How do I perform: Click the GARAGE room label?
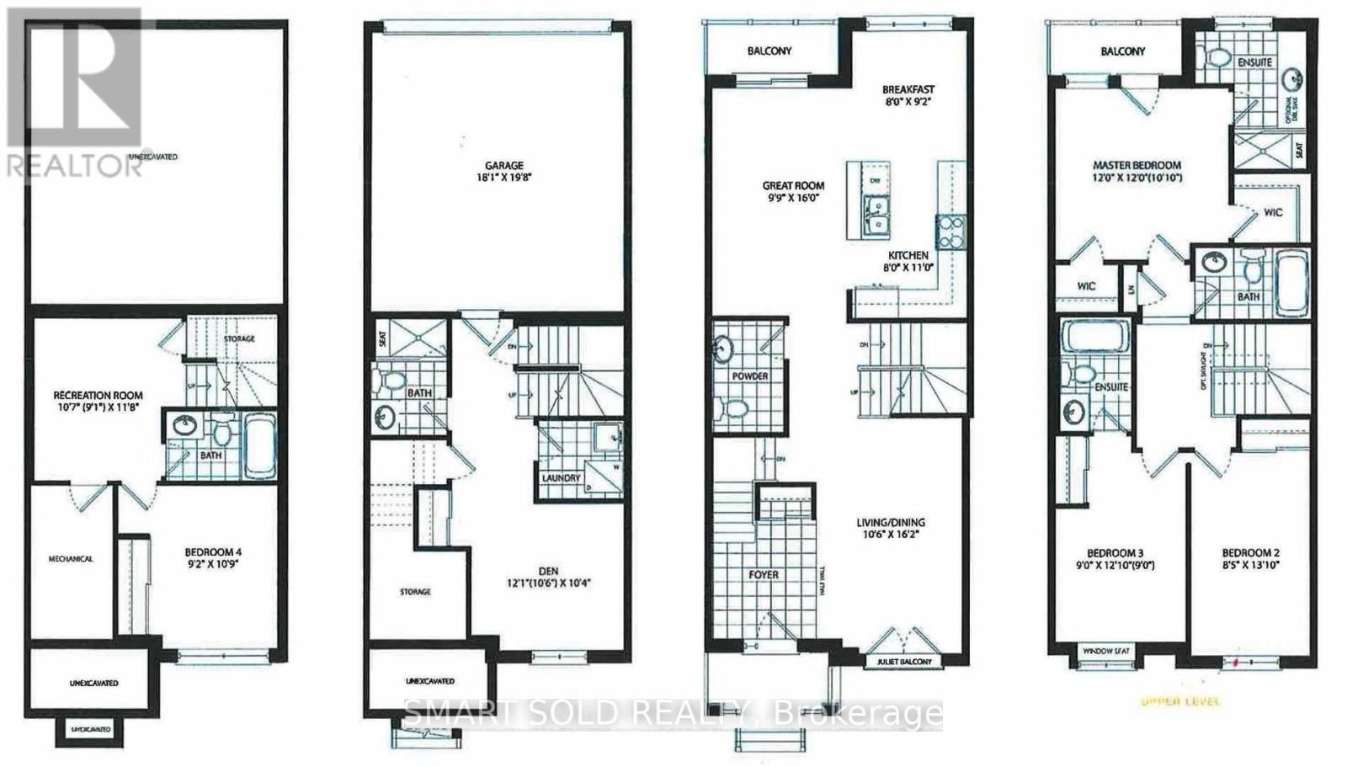pos(503,165)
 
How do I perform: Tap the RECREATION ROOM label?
pos(98,395)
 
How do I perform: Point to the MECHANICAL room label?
pos(70,558)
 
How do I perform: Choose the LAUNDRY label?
pos(562,477)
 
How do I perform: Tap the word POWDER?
pos(749,376)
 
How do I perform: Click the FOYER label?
pos(764,575)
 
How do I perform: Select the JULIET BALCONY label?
pos(899,662)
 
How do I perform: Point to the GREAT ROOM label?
pos(793,185)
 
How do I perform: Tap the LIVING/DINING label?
pos(892,522)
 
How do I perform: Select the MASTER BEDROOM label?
pos(1137,165)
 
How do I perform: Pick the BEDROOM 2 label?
pos(1250,553)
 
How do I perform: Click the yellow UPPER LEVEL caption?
pos(1179,701)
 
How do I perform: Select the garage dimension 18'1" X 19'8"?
pos(503,178)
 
